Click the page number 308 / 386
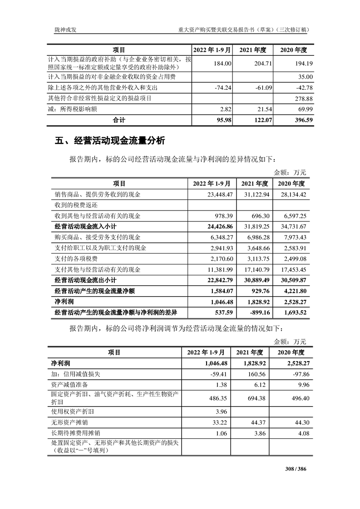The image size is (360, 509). (296, 469)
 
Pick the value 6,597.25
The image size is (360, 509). (295, 215)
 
